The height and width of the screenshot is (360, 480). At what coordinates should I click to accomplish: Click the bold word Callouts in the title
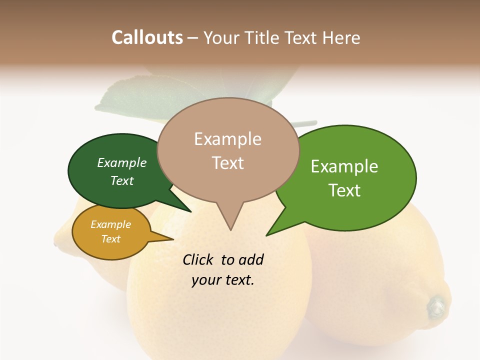pos(147,37)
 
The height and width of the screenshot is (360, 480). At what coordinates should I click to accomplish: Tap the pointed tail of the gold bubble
pos(171,239)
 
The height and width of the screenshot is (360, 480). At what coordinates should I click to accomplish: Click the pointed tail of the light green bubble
pos(268,234)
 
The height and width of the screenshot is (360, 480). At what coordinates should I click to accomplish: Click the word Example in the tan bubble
pos(227,139)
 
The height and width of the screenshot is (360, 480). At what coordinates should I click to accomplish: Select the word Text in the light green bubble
pos(345,190)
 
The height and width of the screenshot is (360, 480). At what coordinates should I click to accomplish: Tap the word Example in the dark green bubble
pos(122,163)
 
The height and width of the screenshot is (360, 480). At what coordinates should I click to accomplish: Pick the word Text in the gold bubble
pos(111,239)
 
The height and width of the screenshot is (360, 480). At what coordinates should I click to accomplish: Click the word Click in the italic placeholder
pos(197,259)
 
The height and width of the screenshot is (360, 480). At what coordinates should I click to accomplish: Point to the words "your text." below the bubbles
pos(222,280)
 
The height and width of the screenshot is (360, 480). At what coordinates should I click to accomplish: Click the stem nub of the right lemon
pos(436,305)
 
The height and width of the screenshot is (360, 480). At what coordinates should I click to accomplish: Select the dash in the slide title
pos(193,38)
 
